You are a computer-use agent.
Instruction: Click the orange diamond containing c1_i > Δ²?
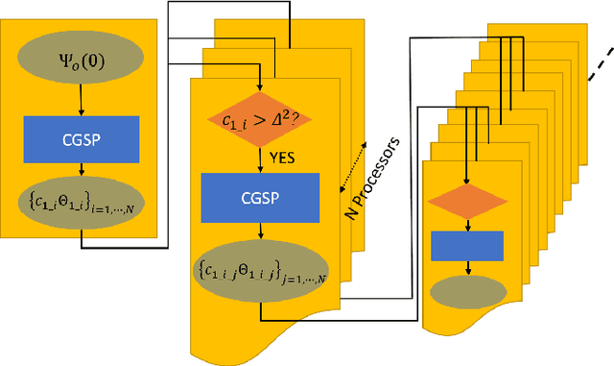[259, 120]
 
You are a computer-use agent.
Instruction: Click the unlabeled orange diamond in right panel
[467, 201]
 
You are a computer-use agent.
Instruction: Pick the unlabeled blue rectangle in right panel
[467, 245]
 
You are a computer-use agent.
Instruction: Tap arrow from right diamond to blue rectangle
[467, 223]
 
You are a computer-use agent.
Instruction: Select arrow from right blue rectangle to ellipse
[467, 269]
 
